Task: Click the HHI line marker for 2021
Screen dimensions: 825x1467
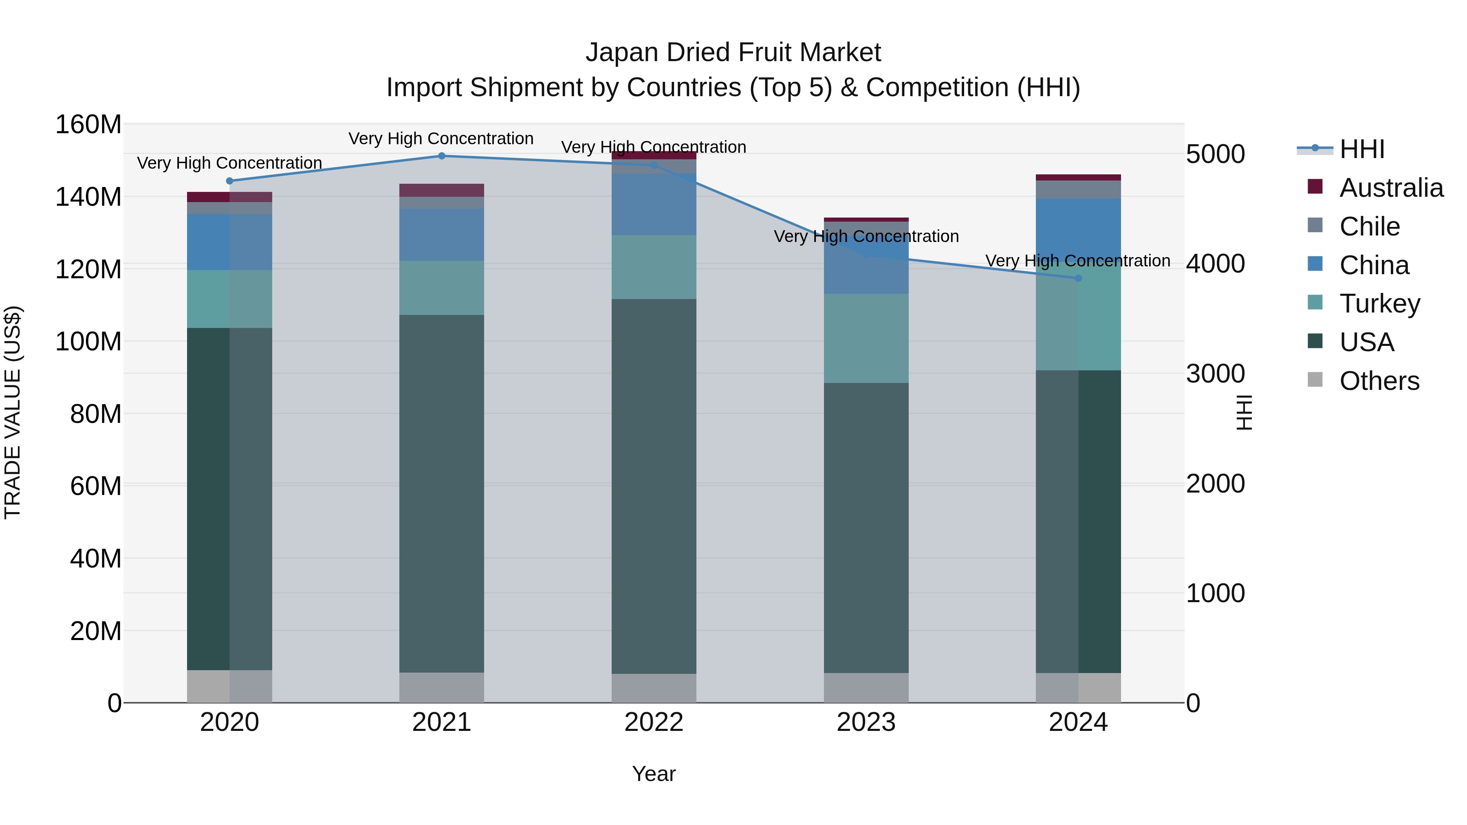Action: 441,156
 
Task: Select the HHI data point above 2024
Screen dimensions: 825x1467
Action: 1078,278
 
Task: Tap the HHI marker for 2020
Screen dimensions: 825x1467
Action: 229,181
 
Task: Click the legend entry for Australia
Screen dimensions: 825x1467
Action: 1391,188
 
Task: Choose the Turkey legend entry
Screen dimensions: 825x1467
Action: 1379,304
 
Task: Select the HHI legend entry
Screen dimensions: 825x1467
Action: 1361,149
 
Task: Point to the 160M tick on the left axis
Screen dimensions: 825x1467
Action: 88,125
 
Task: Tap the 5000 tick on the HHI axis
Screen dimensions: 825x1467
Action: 1215,154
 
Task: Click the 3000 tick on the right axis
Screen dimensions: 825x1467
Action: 1215,374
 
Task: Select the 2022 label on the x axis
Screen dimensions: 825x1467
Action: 654,722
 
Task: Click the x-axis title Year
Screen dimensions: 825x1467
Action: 654,774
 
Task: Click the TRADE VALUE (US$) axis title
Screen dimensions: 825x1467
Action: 13,412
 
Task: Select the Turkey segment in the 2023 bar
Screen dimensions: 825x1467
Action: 866,338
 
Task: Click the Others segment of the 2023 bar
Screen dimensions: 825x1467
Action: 866,688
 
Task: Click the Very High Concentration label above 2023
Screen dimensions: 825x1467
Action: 866,236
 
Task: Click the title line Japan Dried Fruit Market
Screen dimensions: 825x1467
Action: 733,53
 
